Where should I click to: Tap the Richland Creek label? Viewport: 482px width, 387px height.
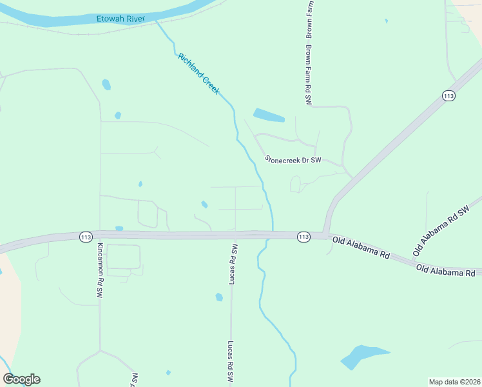(x=198, y=74)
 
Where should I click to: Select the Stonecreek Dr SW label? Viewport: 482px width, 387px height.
(x=293, y=159)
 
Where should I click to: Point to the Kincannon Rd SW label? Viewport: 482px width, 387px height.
(x=100, y=269)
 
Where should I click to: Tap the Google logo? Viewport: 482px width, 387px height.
(x=21, y=379)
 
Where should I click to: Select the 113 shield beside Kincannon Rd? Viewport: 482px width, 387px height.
(x=86, y=237)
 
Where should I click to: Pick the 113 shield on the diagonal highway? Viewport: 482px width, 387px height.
(x=449, y=95)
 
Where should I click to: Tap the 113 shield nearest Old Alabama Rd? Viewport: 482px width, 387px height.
(x=304, y=237)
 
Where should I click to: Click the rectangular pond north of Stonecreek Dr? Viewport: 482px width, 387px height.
(x=269, y=115)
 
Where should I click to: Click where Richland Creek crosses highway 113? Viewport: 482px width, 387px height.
(x=273, y=234)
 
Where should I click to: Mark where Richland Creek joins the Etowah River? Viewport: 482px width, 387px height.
(x=156, y=21)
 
